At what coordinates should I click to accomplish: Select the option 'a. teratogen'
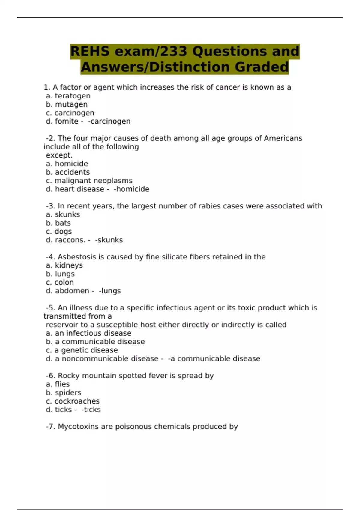pos(68,96)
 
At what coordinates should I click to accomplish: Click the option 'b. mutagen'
pos(67,104)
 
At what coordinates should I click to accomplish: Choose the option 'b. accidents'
pos(68,172)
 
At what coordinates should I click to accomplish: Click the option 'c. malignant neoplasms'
pos(89,181)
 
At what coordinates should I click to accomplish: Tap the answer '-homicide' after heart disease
pos(131,189)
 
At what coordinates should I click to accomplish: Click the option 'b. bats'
pos(58,223)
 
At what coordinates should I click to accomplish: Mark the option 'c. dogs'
pos(59,232)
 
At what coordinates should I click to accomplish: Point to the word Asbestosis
pos(76,257)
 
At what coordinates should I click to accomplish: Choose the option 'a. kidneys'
pos(64,265)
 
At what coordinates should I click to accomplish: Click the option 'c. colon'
pos(60,283)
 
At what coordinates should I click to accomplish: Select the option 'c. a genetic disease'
pos(82,350)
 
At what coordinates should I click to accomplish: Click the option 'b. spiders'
pos(64,393)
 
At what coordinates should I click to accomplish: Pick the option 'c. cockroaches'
pos(73,401)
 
